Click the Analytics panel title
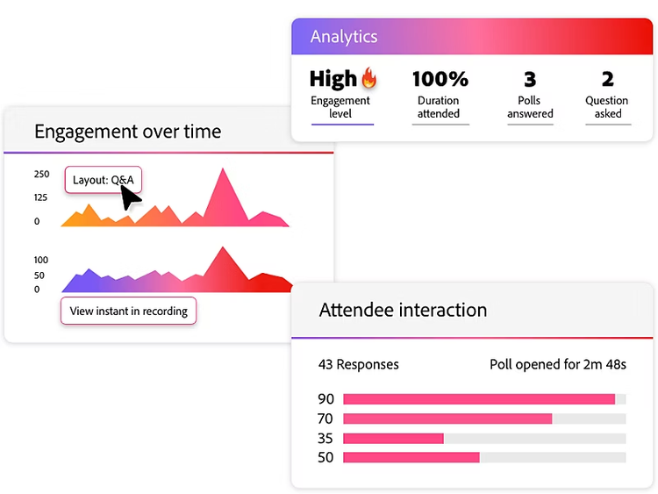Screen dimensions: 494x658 pos(344,37)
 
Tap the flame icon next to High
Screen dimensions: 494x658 pos(369,79)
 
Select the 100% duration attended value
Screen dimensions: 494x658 pos(440,79)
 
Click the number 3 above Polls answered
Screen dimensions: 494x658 pos(530,79)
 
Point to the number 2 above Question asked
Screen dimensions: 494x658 pos(607,79)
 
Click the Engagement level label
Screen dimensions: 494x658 pos(340,107)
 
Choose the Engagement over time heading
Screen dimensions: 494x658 pos(127,132)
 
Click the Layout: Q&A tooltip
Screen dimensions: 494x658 pos(103,180)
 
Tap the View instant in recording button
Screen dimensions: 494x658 pos(128,311)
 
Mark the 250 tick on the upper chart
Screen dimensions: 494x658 pos(42,175)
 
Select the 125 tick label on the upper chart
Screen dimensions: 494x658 pos(42,197)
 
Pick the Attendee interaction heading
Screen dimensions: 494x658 pos(403,310)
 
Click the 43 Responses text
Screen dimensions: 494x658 pos(358,364)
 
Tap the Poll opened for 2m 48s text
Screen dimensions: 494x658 pos(557,364)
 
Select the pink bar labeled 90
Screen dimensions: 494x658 pos(479,399)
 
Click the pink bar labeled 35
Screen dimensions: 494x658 pos(393,438)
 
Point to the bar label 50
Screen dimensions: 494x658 pos(325,457)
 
